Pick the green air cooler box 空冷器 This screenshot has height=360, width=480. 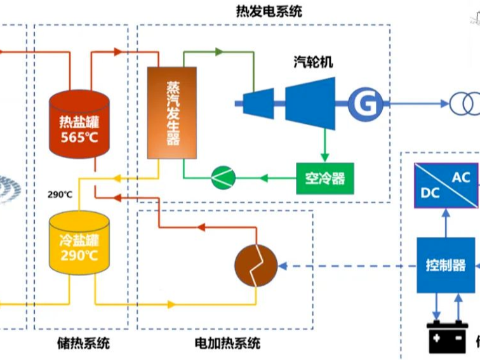pos(324,178)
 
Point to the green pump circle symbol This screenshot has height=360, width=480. pos(223,178)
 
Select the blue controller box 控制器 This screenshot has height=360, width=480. pos(445,265)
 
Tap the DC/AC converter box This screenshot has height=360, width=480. pos(446,185)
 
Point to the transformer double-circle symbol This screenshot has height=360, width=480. pos(465,103)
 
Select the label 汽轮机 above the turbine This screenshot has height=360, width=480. pos(312,62)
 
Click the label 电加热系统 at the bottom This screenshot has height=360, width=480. pos(227,344)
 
